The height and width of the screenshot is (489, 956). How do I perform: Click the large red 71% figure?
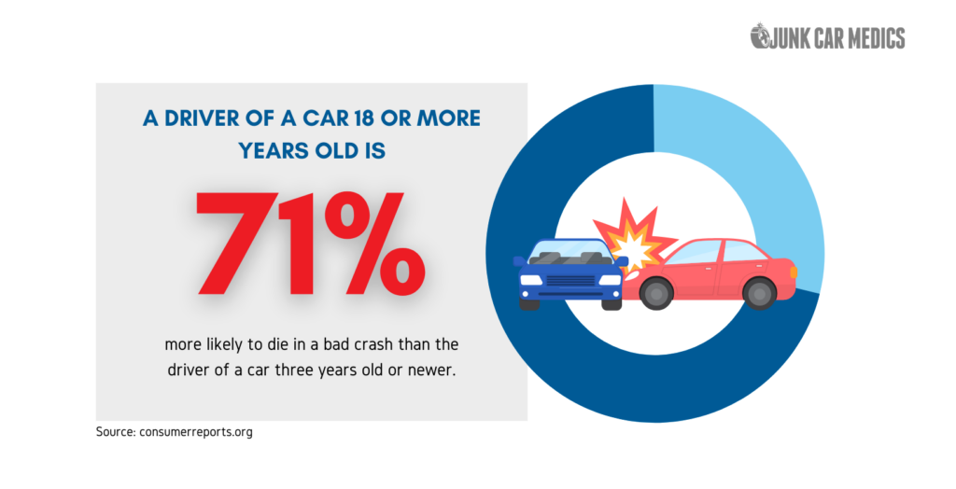pyautogui.click(x=310, y=244)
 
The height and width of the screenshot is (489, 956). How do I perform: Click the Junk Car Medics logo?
pyautogui.click(x=827, y=37)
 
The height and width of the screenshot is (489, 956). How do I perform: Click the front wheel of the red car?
pyautogui.click(x=656, y=293)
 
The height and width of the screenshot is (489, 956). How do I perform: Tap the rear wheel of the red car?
pyautogui.click(x=759, y=293)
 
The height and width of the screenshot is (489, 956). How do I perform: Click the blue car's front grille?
pyautogui.click(x=570, y=281)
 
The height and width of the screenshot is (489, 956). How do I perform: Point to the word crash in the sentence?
pyautogui.click(x=372, y=344)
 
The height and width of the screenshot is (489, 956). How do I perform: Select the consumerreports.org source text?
pyautogui.click(x=195, y=432)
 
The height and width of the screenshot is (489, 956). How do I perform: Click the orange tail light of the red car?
pyautogui.click(x=794, y=271)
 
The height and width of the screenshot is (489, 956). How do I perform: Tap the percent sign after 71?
pyautogui.click(x=374, y=244)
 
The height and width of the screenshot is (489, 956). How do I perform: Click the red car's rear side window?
pyautogui.click(x=740, y=251)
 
